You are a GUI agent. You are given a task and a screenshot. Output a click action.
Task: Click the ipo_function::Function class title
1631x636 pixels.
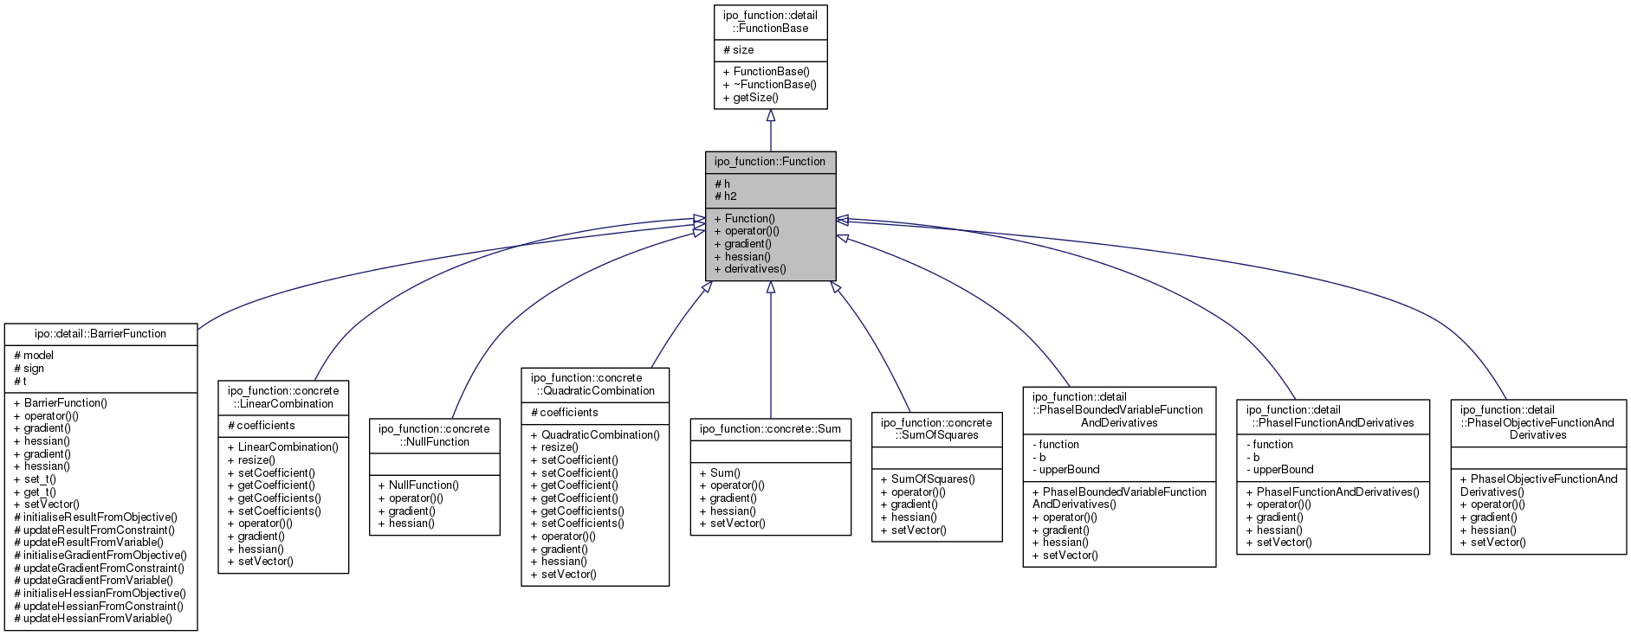[770, 162]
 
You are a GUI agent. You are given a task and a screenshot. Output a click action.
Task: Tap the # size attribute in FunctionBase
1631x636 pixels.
[739, 50]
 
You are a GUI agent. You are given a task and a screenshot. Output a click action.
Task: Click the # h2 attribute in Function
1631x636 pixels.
[726, 196]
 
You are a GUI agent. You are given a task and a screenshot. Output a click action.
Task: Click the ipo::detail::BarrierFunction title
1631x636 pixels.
[100, 334]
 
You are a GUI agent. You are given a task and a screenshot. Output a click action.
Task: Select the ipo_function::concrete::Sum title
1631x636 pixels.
[770, 429]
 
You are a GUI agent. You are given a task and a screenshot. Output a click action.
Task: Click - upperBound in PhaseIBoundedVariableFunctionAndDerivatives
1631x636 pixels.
[1066, 470]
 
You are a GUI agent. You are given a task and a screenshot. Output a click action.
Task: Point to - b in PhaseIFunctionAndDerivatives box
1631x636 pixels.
[1252, 458]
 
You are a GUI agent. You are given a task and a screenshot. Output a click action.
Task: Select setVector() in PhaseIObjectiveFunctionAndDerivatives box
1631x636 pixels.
[1492, 543]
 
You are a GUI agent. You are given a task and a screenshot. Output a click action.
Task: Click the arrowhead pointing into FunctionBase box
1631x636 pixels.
[770, 115]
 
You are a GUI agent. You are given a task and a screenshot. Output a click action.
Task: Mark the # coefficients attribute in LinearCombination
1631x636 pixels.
[262, 426]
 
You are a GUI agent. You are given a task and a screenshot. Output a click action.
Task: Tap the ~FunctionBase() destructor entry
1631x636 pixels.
[770, 85]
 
